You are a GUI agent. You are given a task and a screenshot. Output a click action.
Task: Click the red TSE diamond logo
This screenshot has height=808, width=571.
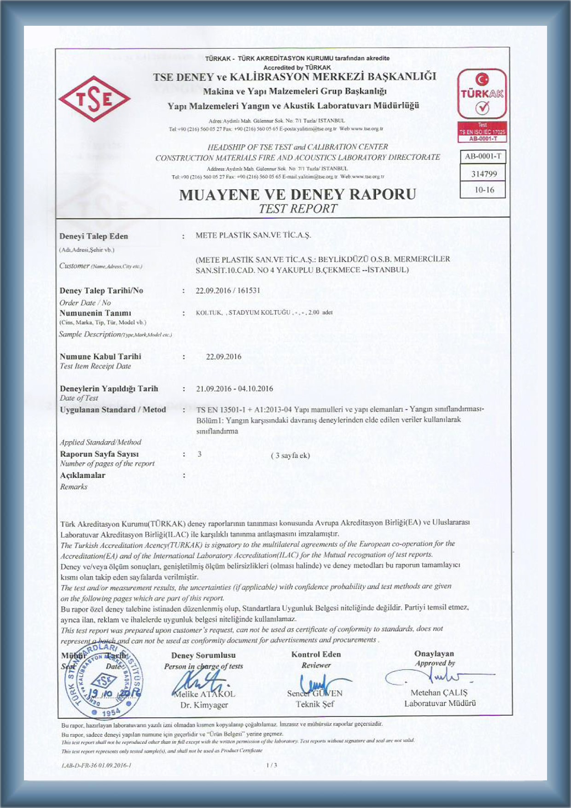click(x=94, y=99)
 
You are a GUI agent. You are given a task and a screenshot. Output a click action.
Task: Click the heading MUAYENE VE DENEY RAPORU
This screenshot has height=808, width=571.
click(x=297, y=194)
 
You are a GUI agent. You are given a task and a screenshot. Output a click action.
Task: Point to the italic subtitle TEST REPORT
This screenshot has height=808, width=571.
click(x=297, y=209)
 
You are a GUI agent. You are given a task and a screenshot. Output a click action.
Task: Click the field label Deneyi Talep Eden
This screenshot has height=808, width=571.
click(x=94, y=236)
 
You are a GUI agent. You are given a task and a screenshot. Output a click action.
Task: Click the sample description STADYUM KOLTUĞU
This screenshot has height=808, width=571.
click(x=259, y=312)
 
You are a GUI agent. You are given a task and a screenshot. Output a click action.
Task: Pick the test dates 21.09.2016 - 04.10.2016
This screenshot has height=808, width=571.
click(x=234, y=389)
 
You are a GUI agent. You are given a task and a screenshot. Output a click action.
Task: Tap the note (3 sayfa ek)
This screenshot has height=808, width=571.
click(x=290, y=456)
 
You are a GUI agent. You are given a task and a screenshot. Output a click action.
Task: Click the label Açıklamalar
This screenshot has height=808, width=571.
click(x=83, y=475)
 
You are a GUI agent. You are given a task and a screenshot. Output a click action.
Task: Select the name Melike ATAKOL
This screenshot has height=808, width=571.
click(x=204, y=694)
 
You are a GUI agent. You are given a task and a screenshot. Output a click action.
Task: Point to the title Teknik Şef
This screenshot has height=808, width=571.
click(x=315, y=704)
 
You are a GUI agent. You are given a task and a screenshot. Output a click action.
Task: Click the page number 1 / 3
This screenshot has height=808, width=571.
click(x=272, y=765)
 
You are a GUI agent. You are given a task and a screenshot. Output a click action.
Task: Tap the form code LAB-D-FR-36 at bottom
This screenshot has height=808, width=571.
click(x=96, y=765)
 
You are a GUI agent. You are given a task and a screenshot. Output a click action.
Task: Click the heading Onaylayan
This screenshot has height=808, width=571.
click(x=434, y=654)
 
